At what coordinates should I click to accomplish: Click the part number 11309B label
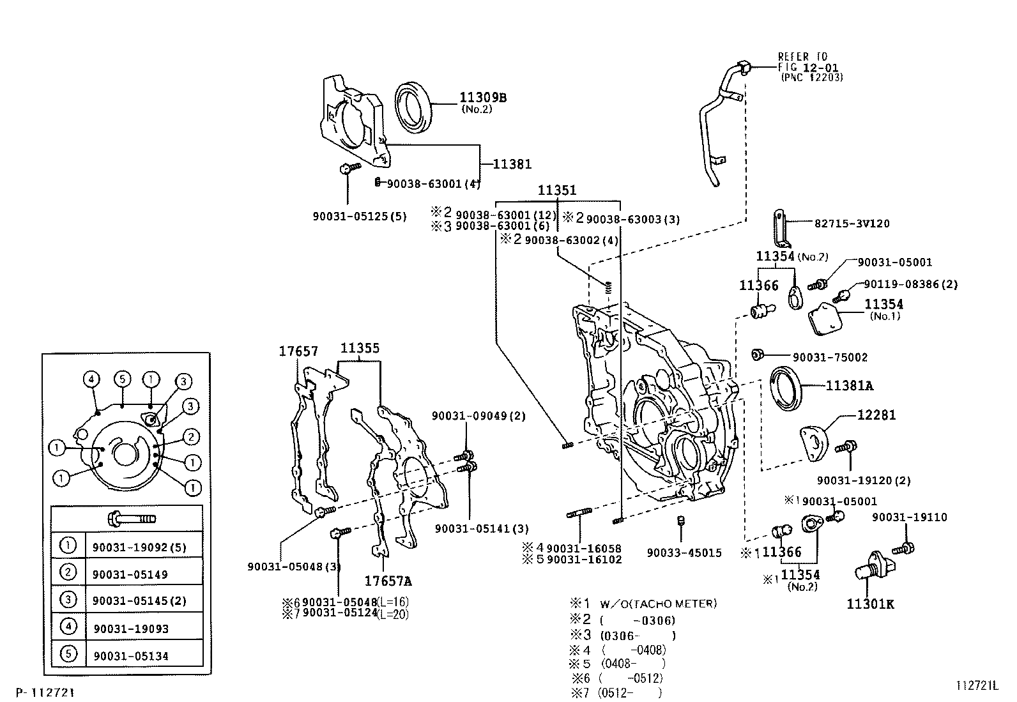tap(482, 98)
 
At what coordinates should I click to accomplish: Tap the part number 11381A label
tap(849, 386)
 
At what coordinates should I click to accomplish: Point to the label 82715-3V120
tap(852, 224)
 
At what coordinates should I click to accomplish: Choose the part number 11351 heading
tap(556, 190)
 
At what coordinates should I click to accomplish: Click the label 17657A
tap(388, 581)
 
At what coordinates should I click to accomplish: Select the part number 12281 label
tap(876, 415)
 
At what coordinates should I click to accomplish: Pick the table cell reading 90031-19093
tap(130, 629)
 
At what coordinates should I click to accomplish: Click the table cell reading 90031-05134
tap(130, 656)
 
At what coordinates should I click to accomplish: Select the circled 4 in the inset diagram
tap(91, 379)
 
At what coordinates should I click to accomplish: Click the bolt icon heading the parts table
tap(133, 518)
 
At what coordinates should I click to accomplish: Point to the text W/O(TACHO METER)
tap(657, 604)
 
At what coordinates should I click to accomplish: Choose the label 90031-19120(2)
tap(863, 480)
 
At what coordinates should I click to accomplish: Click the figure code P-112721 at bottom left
tap(45, 692)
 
